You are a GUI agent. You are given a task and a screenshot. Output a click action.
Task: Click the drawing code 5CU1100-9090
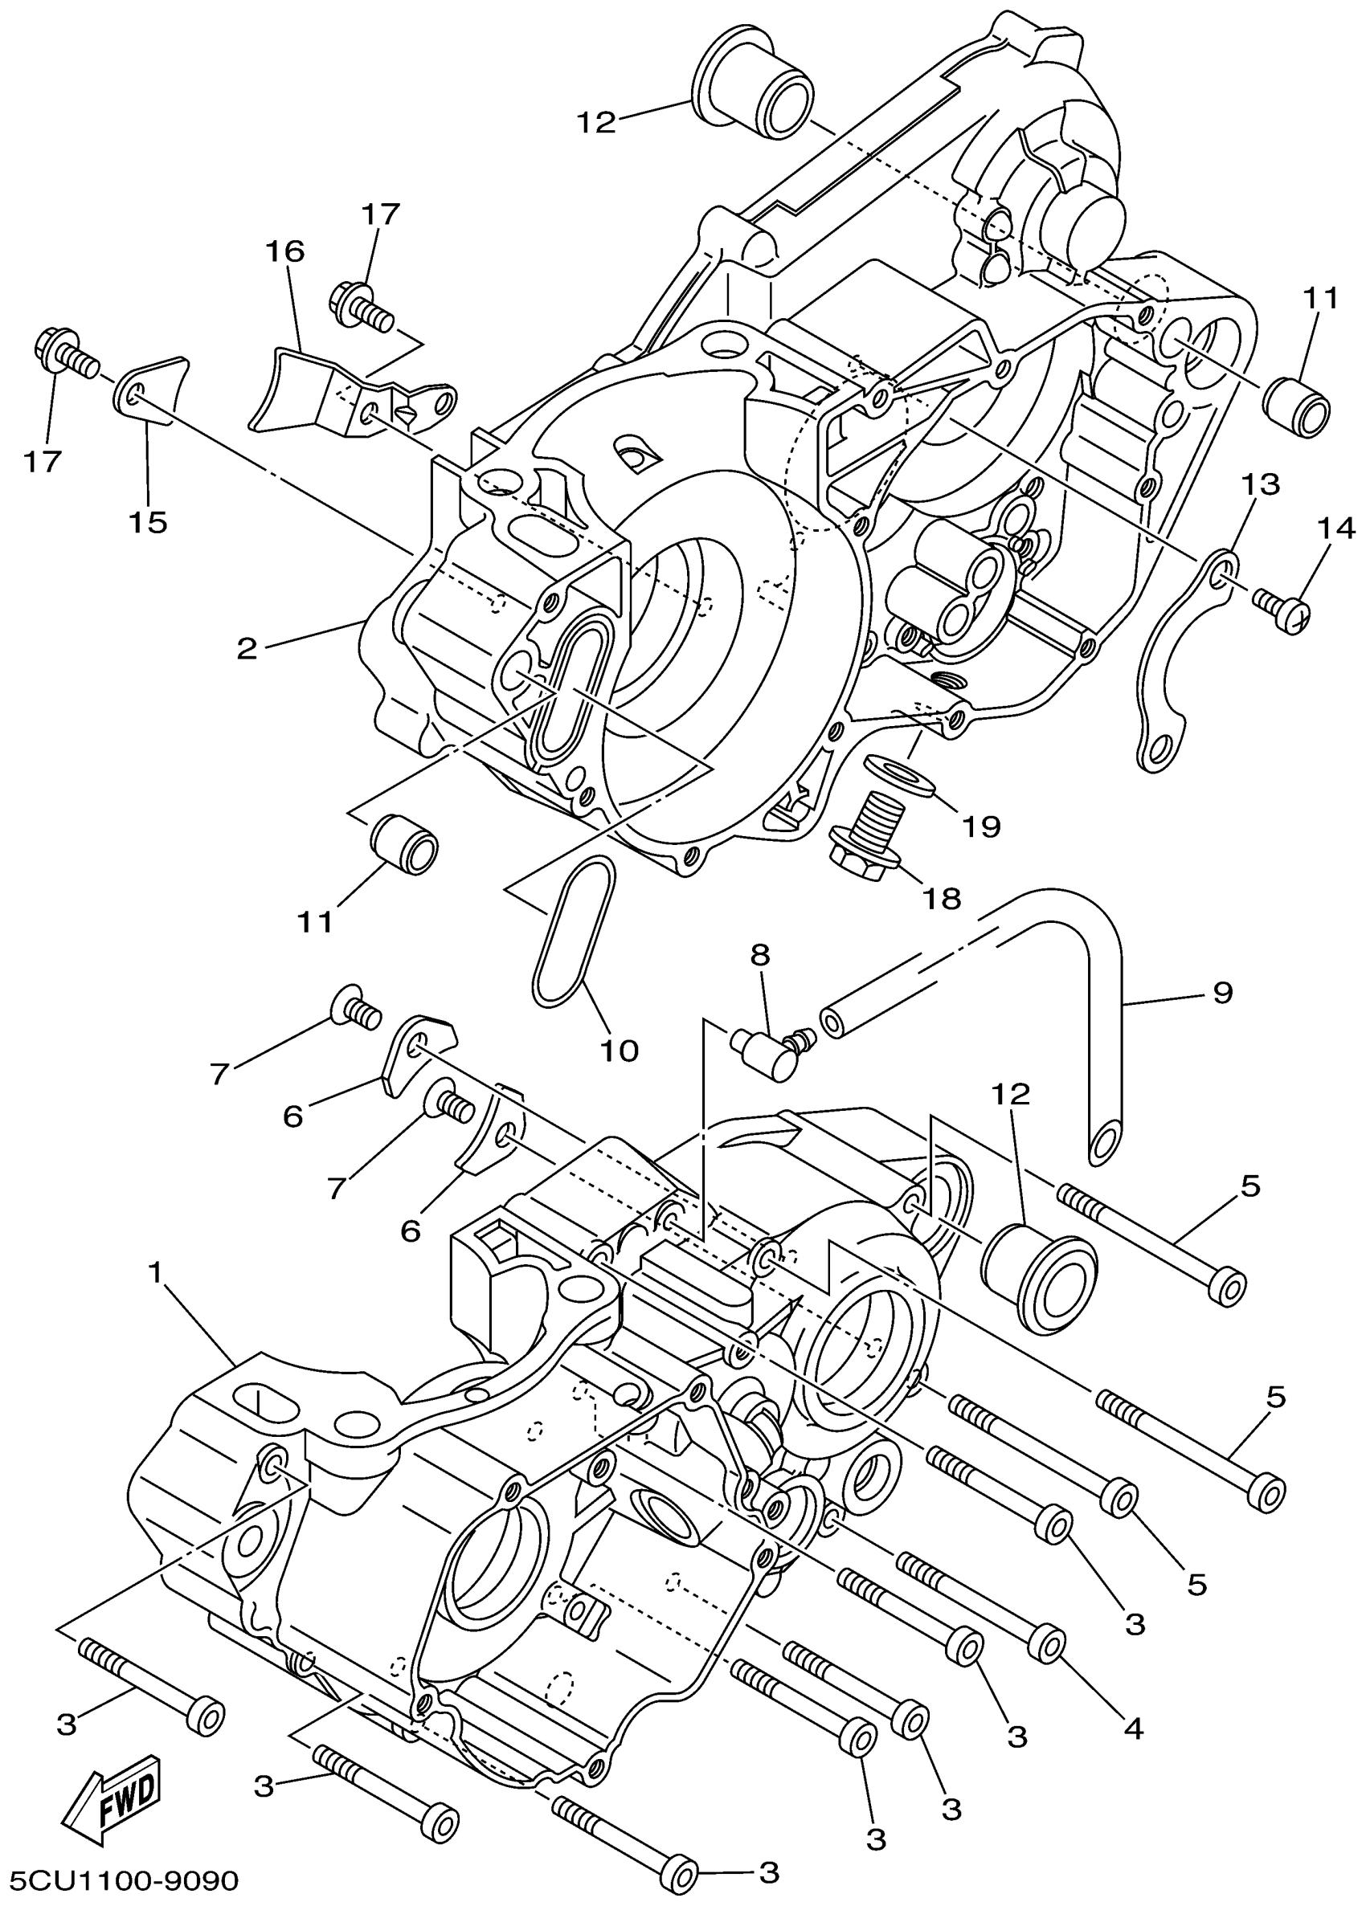pyautogui.click(x=121, y=1880)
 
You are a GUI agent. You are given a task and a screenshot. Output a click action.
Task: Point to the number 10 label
pyautogui.click(x=620, y=1050)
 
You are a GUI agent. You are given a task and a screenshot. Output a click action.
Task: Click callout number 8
pyautogui.click(x=760, y=955)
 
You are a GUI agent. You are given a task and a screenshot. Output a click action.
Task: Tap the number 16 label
pyautogui.click(x=285, y=251)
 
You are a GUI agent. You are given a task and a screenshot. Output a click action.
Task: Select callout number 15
pyautogui.click(x=148, y=522)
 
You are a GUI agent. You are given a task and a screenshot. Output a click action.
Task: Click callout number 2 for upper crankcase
pyautogui.click(x=247, y=649)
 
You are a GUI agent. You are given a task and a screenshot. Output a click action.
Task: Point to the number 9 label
pyautogui.click(x=1222, y=992)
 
